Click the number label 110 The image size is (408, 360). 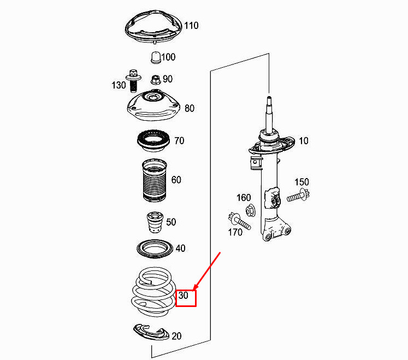[191, 26]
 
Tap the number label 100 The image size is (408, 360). [168, 57]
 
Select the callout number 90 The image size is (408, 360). [167, 79]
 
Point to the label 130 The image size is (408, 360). [119, 85]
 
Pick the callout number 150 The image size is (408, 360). [302, 182]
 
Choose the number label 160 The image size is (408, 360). [244, 197]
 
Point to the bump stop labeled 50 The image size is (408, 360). [153, 222]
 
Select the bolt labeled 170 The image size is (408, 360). [237, 221]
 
